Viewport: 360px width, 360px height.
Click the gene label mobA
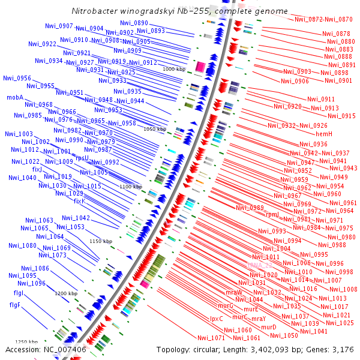[x=15, y=97]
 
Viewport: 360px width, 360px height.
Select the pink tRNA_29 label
[x=260, y=265]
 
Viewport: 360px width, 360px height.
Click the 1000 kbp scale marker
[x=174, y=69]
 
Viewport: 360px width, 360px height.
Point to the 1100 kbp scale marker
[x=131, y=187]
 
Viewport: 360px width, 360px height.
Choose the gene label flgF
[x=15, y=305]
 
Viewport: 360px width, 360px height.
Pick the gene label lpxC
[x=217, y=319]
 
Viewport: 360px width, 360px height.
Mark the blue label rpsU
[x=82, y=158]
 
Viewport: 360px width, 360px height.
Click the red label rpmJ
[x=272, y=214]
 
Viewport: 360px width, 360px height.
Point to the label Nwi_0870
[x=341, y=20]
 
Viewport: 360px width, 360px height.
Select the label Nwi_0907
[x=59, y=26]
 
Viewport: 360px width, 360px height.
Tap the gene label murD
[x=268, y=327]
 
